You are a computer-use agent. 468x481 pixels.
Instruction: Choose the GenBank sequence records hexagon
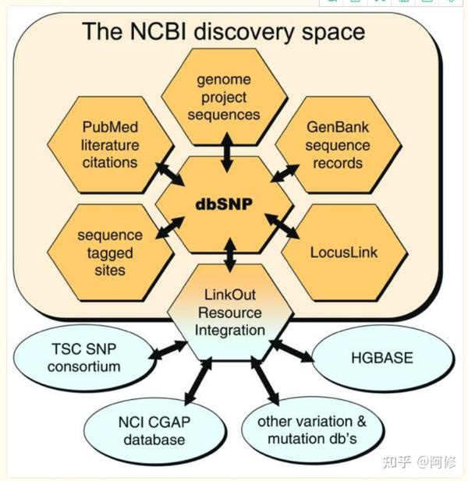pos(338,145)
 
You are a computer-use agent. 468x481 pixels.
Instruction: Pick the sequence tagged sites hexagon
pos(109,253)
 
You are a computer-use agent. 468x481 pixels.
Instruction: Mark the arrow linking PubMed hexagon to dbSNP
pos(169,173)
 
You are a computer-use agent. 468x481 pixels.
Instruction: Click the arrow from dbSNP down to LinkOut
pos(229,256)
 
